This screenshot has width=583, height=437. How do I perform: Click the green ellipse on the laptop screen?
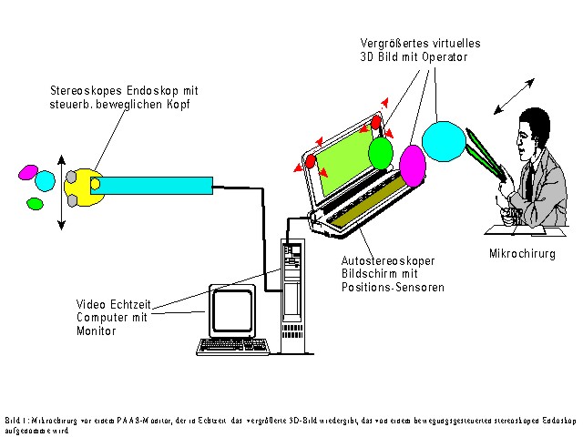click(x=381, y=152)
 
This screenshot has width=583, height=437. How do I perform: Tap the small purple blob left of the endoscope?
click(x=28, y=172)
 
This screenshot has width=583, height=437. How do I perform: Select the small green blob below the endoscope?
click(x=36, y=204)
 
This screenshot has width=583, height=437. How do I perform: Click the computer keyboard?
click(x=235, y=346)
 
